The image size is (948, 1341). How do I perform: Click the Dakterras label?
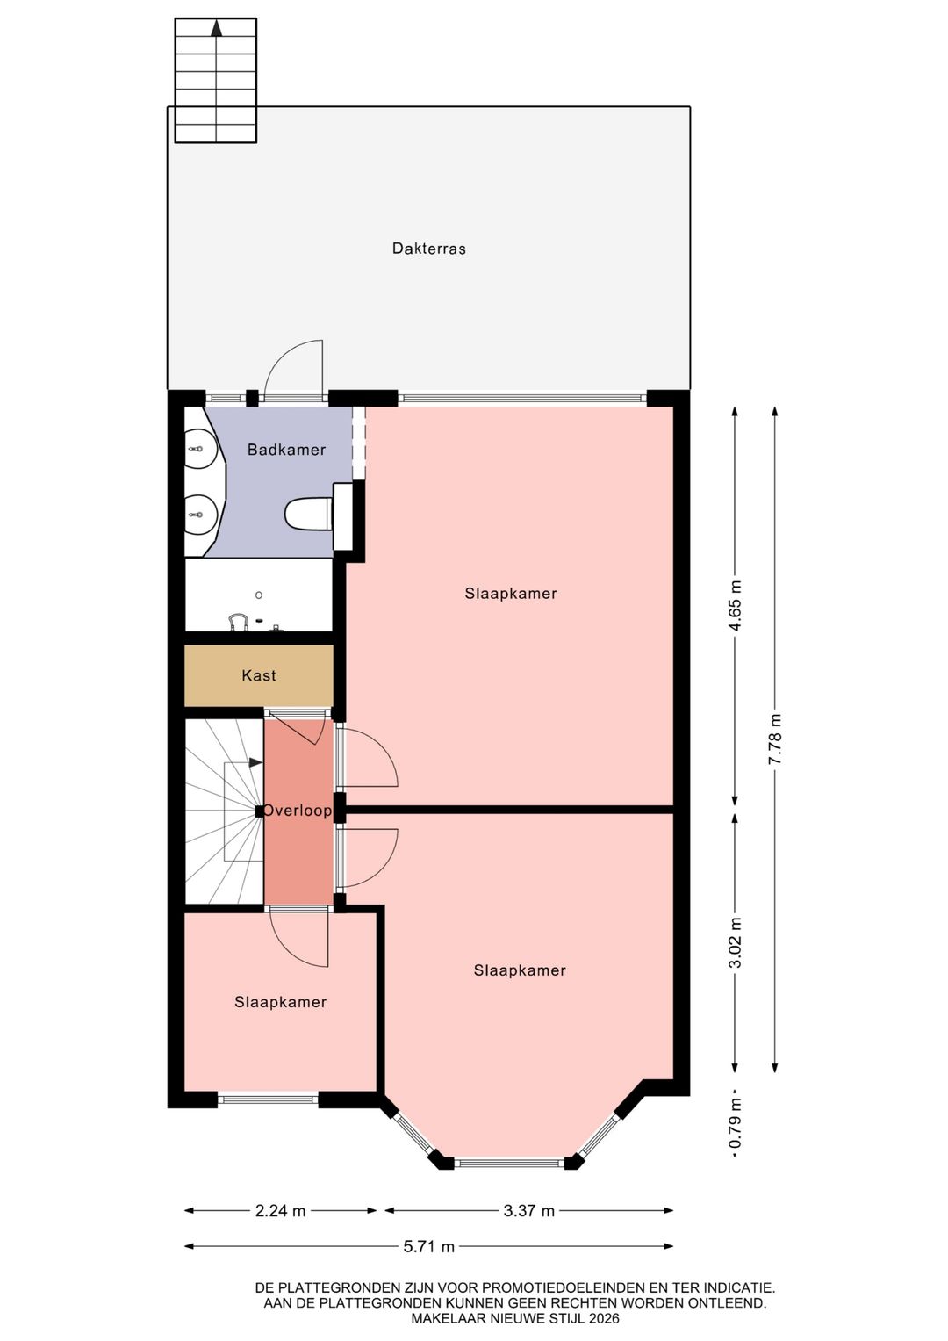click(x=428, y=249)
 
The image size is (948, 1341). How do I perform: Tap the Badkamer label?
click(x=287, y=450)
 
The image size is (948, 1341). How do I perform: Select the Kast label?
click(x=259, y=675)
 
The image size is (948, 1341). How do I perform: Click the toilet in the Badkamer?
click(x=309, y=515)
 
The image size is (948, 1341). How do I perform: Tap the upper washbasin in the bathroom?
click(x=200, y=449)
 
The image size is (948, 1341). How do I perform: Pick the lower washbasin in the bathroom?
click(x=200, y=515)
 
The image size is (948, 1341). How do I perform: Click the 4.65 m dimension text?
click(x=736, y=605)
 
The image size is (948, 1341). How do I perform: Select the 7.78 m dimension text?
click(x=775, y=739)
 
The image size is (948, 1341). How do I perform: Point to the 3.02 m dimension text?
click(x=736, y=942)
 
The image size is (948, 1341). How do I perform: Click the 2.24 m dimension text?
click(x=281, y=1211)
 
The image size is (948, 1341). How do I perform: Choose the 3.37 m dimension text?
click(x=529, y=1211)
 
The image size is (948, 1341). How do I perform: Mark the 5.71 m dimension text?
click(x=429, y=1247)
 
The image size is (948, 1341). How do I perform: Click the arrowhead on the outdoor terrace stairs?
click(x=217, y=29)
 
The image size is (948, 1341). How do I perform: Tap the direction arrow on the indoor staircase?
click(x=255, y=762)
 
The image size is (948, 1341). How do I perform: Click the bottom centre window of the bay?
click(x=509, y=1164)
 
